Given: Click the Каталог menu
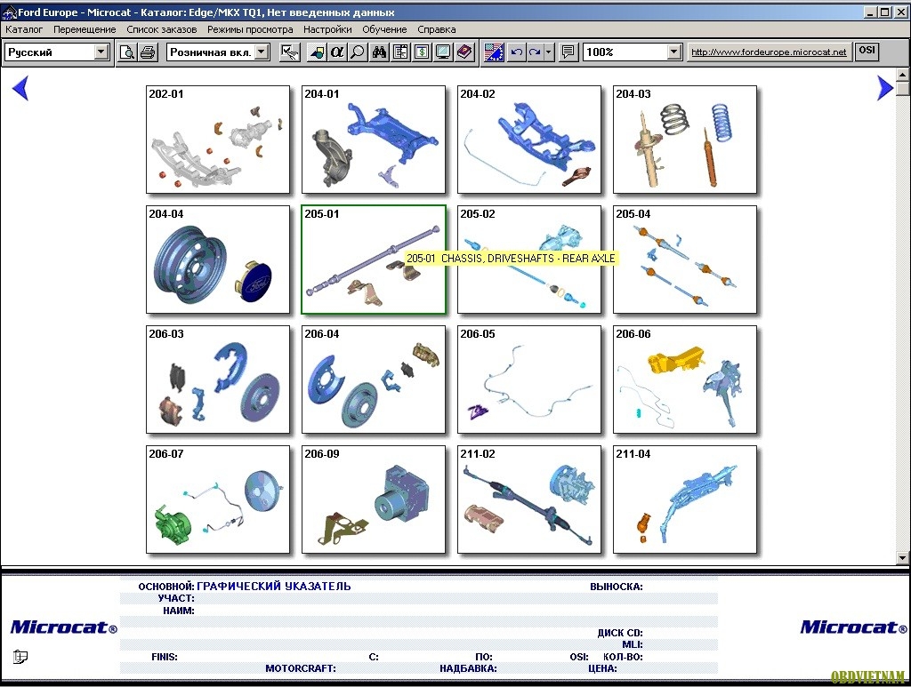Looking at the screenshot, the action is (24, 29).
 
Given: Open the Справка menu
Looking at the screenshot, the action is (436, 29).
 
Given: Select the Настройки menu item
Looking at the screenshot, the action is (327, 29).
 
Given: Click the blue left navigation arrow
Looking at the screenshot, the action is (20, 88).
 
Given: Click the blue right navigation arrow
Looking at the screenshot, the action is (885, 88).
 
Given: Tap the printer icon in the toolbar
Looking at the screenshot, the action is (149, 52).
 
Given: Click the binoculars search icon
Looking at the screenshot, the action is (379, 52).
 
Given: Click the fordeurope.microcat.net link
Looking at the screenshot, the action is (769, 52).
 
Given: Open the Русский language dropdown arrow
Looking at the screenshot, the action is (101, 52).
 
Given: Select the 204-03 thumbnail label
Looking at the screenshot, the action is (633, 94).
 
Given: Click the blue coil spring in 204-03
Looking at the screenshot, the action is (722, 122).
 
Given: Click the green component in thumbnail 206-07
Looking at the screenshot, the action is (173, 525).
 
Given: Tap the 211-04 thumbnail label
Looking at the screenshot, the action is (633, 454).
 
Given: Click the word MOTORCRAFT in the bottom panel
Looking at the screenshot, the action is (300, 668).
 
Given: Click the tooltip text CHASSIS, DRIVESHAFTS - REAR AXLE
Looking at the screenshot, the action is (528, 259).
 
